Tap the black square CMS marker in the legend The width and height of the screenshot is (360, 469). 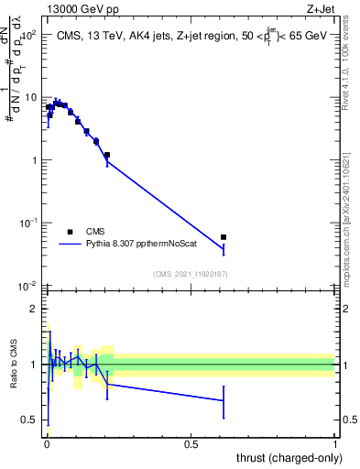(69, 232)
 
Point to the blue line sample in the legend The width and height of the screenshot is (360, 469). (70, 245)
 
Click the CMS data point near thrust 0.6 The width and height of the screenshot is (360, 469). (224, 237)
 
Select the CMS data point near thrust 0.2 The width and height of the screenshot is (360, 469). (107, 155)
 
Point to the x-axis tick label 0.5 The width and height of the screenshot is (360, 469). (191, 443)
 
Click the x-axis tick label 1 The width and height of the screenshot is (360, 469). (335, 443)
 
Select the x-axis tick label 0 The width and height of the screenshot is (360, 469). (46, 443)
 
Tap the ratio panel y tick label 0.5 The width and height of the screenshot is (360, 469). (30, 420)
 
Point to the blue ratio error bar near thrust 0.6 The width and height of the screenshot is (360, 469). (224, 400)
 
